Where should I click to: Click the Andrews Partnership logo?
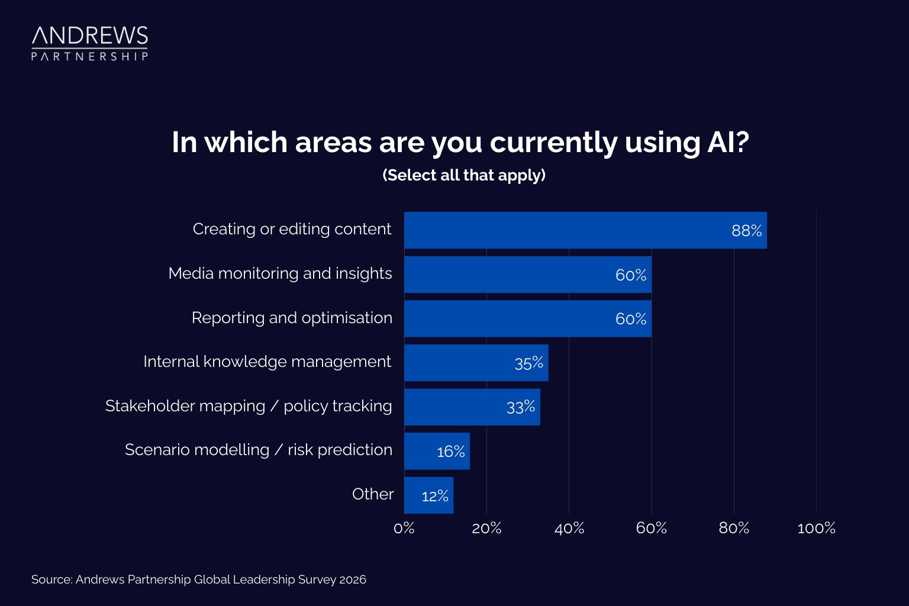coord(89,43)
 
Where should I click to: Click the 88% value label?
coord(746,231)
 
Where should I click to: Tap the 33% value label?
coord(520,407)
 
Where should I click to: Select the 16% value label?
coord(450,452)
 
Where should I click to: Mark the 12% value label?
coord(434,497)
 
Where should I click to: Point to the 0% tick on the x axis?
coord(404,528)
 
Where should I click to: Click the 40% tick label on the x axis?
coord(569,528)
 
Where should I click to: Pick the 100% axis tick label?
coord(816,528)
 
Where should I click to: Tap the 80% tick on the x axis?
coord(734,528)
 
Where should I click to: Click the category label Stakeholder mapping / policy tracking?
coord(249,406)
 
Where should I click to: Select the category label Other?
coord(372,494)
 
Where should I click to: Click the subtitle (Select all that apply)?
coord(464,175)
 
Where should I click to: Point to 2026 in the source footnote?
coord(353,580)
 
